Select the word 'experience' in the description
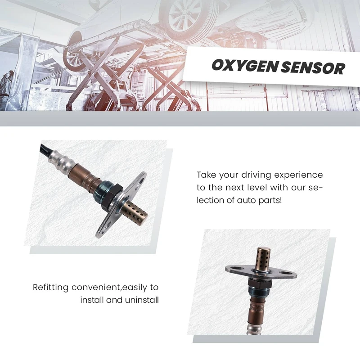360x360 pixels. [299, 175]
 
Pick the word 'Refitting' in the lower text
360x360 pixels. [52, 287]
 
